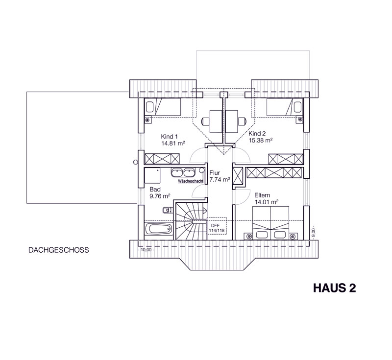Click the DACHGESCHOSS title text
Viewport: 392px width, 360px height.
point(58,250)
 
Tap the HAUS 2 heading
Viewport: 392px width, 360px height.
point(334,288)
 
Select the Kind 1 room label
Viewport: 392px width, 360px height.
point(169,137)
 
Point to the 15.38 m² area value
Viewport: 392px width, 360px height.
point(261,141)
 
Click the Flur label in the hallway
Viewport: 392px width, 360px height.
point(215,173)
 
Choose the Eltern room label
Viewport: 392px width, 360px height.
point(262,195)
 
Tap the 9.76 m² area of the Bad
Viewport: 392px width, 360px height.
point(160,196)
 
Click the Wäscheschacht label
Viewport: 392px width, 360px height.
point(191,181)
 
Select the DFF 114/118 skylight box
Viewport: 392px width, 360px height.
point(217,226)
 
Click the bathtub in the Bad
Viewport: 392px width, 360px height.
point(158,229)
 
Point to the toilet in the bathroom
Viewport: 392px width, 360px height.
point(168,210)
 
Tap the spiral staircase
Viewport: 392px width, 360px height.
point(191,221)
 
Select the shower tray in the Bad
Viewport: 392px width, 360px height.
point(152,176)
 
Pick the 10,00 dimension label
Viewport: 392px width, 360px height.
point(146,250)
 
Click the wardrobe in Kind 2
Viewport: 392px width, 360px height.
point(286,159)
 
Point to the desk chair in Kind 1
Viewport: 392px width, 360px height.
point(205,121)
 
